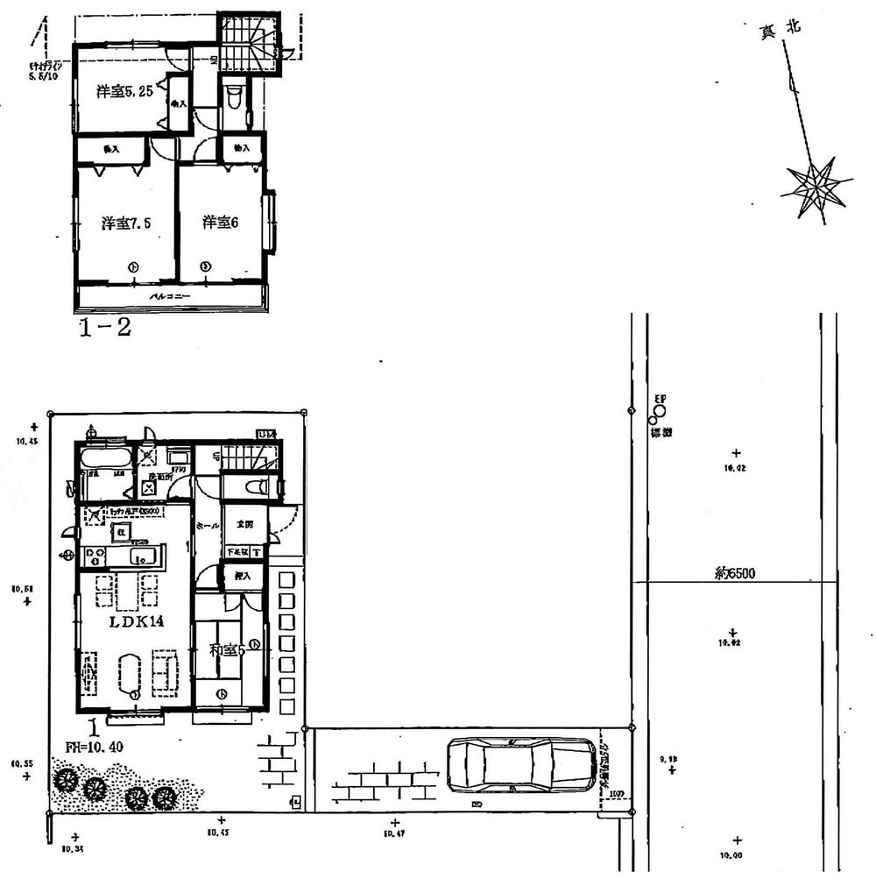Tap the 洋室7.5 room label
point(126,223)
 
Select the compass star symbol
point(816,188)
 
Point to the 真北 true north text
point(780,30)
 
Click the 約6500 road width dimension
point(735,574)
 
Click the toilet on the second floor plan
point(233,102)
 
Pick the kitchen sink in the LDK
point(143,556)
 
